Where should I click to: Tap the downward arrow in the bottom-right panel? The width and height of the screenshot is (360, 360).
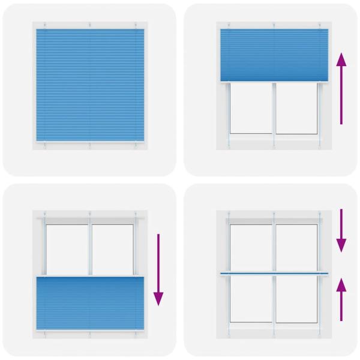click(x=341, y=230)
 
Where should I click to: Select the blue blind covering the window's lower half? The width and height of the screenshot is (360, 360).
click(x=90, y=303)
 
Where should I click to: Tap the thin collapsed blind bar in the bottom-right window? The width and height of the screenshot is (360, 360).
click(x=275, y=274)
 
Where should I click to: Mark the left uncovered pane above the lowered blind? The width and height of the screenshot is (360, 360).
click(x=67, y=249)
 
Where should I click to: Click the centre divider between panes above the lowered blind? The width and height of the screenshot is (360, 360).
click(x=90, y=249)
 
